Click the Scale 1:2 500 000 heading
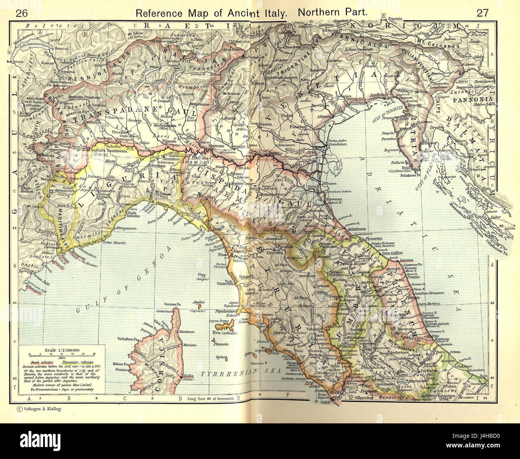coord(60,350)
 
